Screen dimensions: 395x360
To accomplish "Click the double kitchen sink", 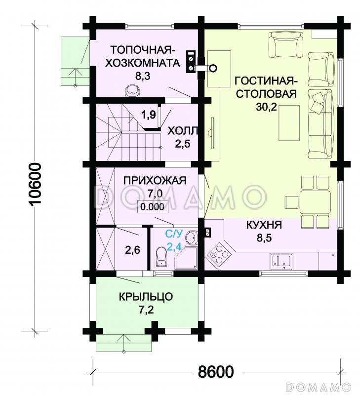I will pos(281,260).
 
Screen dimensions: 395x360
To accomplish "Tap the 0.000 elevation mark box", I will pos(152,207).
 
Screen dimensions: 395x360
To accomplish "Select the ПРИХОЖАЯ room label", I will pos(148,180).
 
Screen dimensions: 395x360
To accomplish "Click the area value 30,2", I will pos(266,108).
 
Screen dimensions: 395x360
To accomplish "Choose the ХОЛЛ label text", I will pos(183,131).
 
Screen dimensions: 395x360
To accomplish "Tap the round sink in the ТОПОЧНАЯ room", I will pos(132,91).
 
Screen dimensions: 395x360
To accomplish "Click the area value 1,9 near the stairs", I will pos(149,115).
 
